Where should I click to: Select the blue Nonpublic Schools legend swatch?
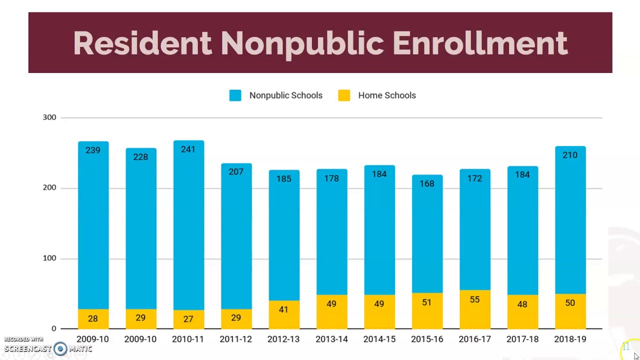point(235,95)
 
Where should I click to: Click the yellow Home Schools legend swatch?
point(344,95)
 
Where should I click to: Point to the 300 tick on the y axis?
point(49,117)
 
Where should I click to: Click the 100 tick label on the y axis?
point(49,258)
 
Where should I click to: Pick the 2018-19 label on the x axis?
point(570,339)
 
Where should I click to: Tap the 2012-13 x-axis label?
point(283,339)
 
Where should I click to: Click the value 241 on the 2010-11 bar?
point(188,149)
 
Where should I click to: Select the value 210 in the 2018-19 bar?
point(570,155)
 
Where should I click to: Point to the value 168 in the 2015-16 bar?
point(427,183)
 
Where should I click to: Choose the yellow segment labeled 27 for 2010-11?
point(188,319)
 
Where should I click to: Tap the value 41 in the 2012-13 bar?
point(283,309)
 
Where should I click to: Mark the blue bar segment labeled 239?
point(93,225)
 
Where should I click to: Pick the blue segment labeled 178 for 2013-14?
point(331,235)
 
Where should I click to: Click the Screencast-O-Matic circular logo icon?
point(60,348)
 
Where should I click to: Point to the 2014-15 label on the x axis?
point(379,339)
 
